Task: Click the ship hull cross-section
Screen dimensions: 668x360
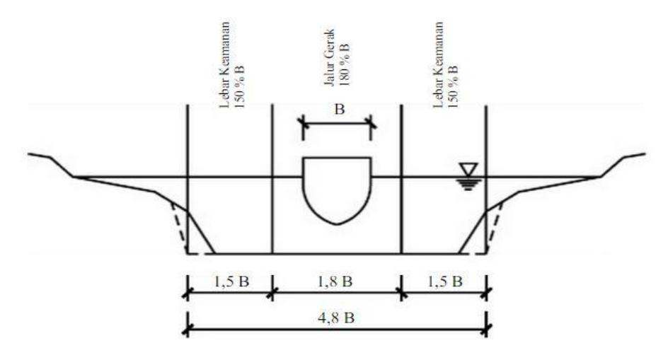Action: click(x=337, y=190)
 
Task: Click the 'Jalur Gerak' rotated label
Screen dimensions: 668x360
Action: click(x=329, y=57)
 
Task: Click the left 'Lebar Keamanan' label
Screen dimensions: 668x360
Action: click(x=224, y=65)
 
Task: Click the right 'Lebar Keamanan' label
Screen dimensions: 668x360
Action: click(x=439, y=65)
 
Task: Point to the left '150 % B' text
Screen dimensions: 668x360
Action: click(x=239, y=86)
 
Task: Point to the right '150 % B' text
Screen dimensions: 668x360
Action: click(x=452, y=86)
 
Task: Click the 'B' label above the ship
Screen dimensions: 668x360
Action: click(x=339, y=110)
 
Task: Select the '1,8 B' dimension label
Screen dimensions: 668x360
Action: click(x=335, y=281)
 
